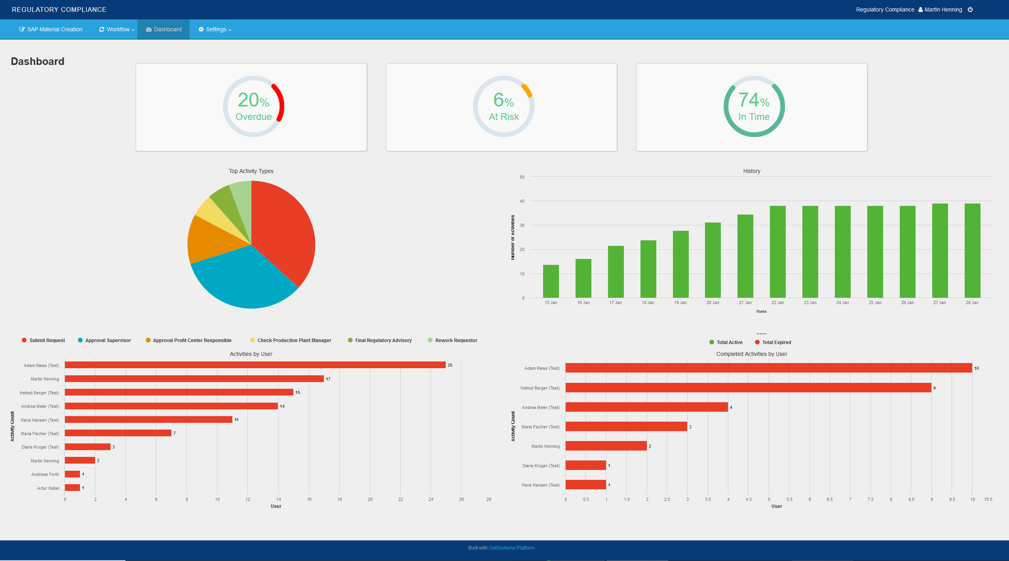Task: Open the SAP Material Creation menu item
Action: coord(51,29)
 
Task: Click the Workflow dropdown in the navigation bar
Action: coord(117,29)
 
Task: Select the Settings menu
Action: coord(215,29)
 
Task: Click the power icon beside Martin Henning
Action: coord(970,10)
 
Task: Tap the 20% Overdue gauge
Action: coord(253,106)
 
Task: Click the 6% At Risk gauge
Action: coord(504,106)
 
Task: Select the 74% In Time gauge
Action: coord(754,106)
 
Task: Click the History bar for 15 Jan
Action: coord(551,281)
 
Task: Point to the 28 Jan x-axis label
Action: coord(972,302)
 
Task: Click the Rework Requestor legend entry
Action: coord(456,340)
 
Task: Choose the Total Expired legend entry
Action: coord(776,342)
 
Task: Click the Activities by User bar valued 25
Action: coord(255,365)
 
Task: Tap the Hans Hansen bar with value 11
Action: coord(148,420)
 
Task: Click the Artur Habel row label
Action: coord(48,488)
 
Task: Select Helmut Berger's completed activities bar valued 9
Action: coord(748,388)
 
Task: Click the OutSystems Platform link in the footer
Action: coord(511,548)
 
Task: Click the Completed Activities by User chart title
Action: coord(751,354)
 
